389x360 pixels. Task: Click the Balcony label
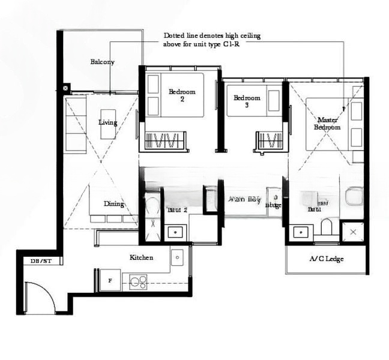[102, 62]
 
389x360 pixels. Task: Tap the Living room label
[108, 122]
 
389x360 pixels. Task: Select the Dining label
[113, 204]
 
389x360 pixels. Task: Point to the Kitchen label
[142, 257]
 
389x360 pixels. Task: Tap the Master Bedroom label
[328, 124]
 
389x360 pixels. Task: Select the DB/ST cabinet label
[41, 261]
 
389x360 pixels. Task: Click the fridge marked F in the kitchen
[109, 280]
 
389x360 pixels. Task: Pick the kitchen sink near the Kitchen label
[178, 258]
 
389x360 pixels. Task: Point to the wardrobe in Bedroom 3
[269, 142]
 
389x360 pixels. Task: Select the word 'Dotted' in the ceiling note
[175, 36]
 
